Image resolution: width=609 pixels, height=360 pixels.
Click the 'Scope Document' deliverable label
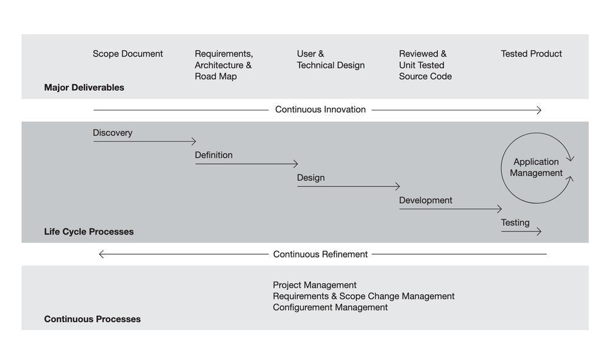click(128, 54)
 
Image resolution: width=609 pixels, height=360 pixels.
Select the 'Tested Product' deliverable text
click(531, 54)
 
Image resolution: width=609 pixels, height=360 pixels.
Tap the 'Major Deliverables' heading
click(84, 87)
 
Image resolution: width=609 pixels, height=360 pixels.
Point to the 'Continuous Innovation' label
click(320, 110)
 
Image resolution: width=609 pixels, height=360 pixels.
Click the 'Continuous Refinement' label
click(320, 254)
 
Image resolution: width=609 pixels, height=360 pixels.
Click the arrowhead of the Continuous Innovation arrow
click(540, 110)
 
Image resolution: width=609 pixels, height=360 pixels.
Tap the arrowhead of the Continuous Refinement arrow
click(101, 255)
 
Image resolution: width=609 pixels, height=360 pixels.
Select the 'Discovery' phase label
click(112, 133)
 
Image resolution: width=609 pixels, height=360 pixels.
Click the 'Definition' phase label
click(214, 155)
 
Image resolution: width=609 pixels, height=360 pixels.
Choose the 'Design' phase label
click(311, 178)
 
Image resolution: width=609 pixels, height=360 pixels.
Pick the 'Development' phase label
click(426, 200)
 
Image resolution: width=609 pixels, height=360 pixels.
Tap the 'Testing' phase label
click(515, 222)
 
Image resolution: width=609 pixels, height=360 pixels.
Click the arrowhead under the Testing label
click(539, 231)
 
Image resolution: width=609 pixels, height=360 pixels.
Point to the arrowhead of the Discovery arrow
click(194, 141)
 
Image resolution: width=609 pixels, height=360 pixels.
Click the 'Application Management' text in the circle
click(536, 168)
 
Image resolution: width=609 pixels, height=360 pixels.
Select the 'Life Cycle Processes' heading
click(88, 231)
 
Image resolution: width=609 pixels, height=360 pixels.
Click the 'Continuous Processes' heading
click(92, 319)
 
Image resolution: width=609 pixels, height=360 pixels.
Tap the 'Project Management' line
click(315, 285)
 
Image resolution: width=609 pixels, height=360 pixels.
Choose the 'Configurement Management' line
click(330, 307)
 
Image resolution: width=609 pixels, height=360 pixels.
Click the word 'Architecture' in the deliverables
click(219, 65)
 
